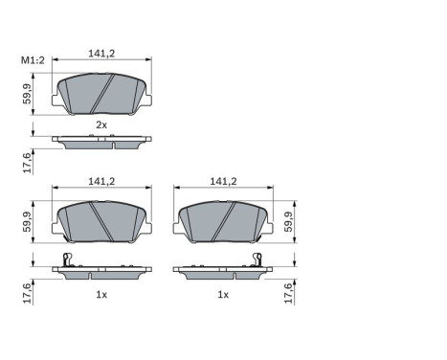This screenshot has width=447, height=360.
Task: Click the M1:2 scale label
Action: [33, 62]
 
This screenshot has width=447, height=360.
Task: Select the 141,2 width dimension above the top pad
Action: [101, 55]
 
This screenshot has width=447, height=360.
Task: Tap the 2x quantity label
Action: [101, 124]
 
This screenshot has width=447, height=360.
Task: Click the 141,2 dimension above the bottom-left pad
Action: [101, 180]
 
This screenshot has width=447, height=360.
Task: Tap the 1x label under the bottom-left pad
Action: [101, 296]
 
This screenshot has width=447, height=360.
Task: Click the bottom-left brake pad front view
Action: [101, 222]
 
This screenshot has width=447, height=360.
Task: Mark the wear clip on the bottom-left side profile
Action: [65, 260]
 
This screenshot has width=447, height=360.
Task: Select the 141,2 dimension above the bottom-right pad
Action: [222, 180]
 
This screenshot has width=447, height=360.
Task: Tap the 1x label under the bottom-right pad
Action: [222, 296]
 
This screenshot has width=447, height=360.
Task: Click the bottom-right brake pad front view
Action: [222, 222]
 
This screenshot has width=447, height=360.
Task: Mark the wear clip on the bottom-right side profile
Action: [257, 260]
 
